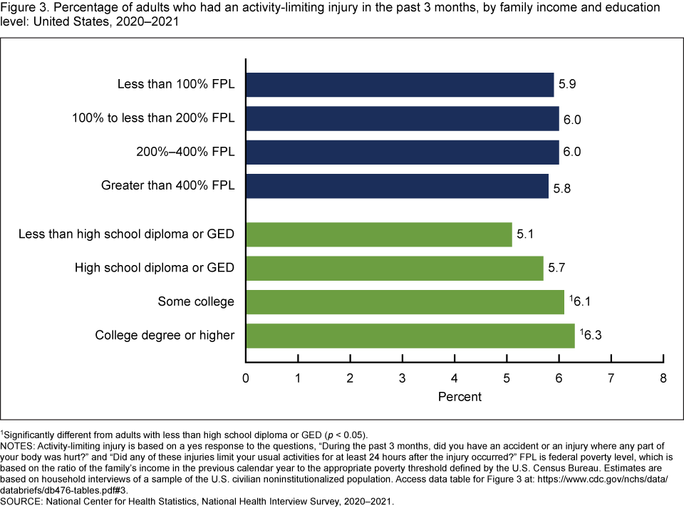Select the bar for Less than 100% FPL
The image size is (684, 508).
pos(400,85)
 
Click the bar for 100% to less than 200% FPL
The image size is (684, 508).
pos(403,119)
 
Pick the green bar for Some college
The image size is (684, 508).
pos(405,301)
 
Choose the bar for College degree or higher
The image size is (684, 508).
pos(410,335)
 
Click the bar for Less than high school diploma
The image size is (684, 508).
pos(379,234)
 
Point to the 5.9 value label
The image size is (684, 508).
pos(567,85)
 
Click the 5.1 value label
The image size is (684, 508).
pos(526,234)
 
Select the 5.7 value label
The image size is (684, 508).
pos(557,268)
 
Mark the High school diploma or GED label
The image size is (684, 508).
pos(155,268)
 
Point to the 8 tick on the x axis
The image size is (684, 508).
pos(663,378)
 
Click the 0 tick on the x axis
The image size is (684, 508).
pos(246,378)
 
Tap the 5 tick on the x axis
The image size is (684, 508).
pos(507,378)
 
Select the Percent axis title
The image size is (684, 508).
pos(460,396)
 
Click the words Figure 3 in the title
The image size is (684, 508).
pos(23,8)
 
